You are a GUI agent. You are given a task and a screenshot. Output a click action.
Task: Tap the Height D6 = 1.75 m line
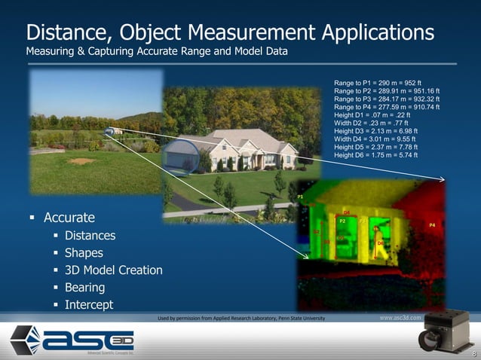pos(375,155)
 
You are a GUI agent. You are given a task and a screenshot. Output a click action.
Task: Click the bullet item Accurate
pos(69,218)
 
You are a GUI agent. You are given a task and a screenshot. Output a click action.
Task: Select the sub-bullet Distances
pos(90,236)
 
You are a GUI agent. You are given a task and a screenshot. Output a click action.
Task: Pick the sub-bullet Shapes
pos(84,253)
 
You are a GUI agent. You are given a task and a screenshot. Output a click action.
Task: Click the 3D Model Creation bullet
pos(113,270)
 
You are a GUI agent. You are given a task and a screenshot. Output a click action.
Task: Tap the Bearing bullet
pos(84,288)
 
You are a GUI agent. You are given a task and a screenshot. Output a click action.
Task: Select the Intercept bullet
pos(89,305)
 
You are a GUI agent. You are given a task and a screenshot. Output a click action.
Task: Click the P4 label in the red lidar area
pos(432,225)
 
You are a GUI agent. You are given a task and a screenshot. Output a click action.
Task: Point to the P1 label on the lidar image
pos(300,197)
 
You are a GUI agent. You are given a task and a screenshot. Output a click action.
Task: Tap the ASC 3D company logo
pos(72,340)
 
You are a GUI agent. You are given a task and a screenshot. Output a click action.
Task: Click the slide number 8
pos(473,355)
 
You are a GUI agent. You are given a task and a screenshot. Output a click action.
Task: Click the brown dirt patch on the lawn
pos(81,160)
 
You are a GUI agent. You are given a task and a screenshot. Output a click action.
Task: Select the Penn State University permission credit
pos(241,319)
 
